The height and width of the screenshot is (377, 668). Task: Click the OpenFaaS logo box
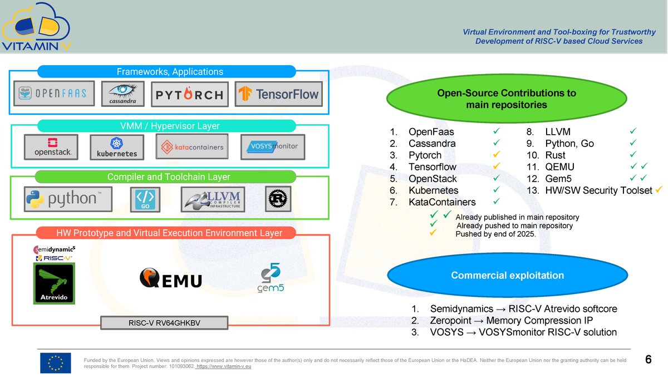tap(54, 94)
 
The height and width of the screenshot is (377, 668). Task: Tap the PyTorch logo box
tap(190, 94)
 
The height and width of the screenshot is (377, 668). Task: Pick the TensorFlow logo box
tap(278, 94)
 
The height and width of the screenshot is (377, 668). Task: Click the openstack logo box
tap(51, 147)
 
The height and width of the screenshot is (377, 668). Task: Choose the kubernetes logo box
tap(117, 148)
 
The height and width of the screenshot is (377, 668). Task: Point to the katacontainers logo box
tap(192, 146)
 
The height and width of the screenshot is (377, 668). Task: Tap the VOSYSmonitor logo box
tap(273, 147)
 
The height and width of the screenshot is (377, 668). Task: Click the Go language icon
tap(145, 199)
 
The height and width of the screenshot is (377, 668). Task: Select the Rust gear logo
tap(278, 199)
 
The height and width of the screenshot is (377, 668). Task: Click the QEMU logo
tap(170, 278)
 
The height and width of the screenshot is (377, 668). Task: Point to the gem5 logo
tap(271, 278)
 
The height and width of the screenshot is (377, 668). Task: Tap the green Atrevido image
tap(54, 283)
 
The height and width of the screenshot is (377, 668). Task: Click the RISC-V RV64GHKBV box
tap(164, 323)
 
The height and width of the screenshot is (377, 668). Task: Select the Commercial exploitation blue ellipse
tap(508, 275)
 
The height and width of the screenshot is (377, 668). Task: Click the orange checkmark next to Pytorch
tap(496, 154)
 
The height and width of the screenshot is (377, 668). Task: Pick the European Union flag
tap(56, 363)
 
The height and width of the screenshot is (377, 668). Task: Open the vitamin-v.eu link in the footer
tap(224, 366)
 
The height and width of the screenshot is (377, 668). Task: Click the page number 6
tap(648, 359)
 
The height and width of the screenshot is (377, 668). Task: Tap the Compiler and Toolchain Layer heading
tap(169, 177)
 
